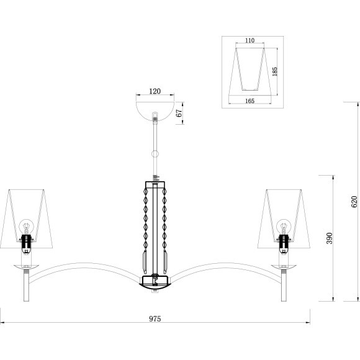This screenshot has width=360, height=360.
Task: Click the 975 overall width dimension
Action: click(x=155, y=318)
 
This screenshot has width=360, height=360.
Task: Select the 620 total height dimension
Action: click(x=354, y=202)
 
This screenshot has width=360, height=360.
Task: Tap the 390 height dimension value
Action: click(x=330, y=238)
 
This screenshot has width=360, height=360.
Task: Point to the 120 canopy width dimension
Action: click(x=155, y=91)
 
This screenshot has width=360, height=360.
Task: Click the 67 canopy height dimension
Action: click(x=179, y=113)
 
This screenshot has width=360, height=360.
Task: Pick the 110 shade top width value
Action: click(x=250, y=40)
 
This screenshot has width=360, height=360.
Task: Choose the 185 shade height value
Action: click(x=274, y=71)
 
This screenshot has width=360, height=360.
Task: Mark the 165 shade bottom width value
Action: click(x=250, y=101)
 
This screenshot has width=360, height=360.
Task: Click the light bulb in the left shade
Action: click(x=26, y=227)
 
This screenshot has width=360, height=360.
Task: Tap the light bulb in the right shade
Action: click(x=284, y=227)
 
